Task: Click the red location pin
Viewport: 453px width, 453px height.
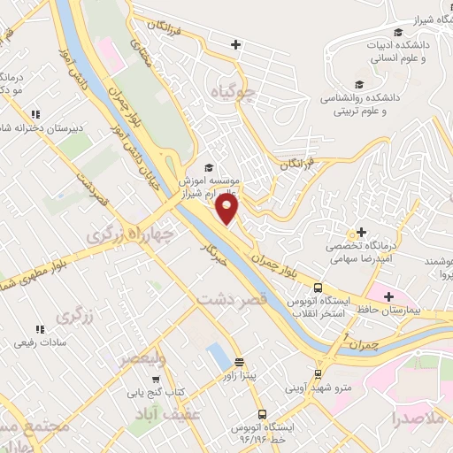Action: pos(227,210)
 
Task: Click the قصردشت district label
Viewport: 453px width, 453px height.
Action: pos(232,302)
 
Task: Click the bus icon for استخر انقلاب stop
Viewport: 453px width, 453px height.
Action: pos(318,288)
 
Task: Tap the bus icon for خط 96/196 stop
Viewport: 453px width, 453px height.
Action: pos(261,414)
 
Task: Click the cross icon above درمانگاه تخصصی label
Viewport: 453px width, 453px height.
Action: pos(361,231)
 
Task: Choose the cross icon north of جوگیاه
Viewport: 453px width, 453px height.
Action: pos(236,44)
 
